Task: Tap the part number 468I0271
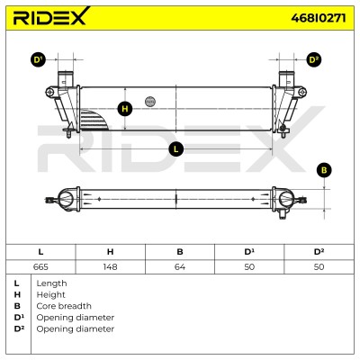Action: click(x=319, y=18)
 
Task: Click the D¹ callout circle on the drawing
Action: click(x=38, y=60)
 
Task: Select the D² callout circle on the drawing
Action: click(x=314, y=60)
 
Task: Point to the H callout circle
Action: click(x=125, y=109)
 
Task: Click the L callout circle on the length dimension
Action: click(x=175, y=149)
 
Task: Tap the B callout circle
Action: click(x=324, y=170)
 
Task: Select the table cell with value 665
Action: click(x=40, y=266)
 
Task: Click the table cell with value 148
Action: click(x=110, y=266)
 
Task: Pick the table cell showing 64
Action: click(x=180, y=266)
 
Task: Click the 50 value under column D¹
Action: click(x=249, y=266)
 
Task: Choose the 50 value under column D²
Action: click(x=319, y=266)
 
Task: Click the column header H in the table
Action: click(x=110, y=252)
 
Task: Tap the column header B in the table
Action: click(x=180, y=252)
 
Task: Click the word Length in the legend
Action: click(x=51, y=283)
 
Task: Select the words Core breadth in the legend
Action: click(x=64, y=306)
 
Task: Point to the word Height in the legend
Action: click(x=50, y=295)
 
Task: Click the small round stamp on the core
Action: click(x=150, y=102)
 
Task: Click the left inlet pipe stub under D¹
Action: click(x=66, y=78)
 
